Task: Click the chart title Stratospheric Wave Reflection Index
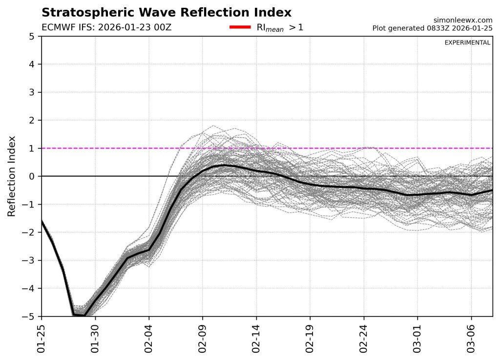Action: [167, 12]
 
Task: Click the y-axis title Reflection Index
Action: [12, 176]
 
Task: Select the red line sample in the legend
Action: [240, 27]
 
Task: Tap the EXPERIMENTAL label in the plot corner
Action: [467, 42]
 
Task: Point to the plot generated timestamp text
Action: [432, 28]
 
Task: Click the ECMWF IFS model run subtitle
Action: [106, 27]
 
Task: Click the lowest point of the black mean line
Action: [83, 316]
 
